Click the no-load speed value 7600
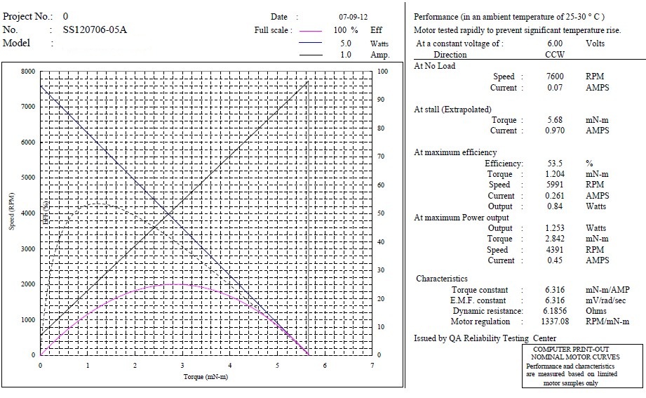tap(555, 77)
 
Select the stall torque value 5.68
tap(555, 120)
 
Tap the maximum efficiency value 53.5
tap(555, 164)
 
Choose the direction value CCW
tap(555, 54)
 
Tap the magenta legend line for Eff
tap(310, 31)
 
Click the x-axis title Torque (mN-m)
tap(206, 377)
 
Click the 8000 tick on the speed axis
tap(27, 72)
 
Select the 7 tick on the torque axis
tap(372, 366)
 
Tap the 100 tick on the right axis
tap(383, 72)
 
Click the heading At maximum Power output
tap(462, 218)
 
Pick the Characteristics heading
tap(442, 279)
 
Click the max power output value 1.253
tap(555, 228)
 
